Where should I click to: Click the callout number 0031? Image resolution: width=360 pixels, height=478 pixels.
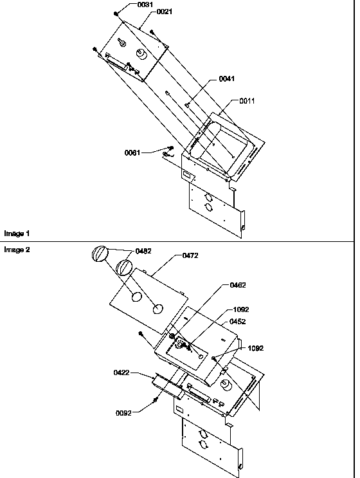(x=146, y=5)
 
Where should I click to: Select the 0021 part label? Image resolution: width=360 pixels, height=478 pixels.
(x=165, y=12)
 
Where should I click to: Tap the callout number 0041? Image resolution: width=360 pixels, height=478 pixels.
(x=226, y=78)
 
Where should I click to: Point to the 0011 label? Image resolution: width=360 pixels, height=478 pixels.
(x=248, y=101)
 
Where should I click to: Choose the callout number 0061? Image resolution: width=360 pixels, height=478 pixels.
(x=134, y=152)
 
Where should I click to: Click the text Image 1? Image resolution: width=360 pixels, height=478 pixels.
(x=17, y=233)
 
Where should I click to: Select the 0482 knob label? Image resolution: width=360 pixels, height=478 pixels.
(x=143, y=251)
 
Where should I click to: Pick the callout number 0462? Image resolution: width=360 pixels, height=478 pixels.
(x=237, y=284)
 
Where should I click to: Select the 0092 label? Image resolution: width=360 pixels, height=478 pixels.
(x=123, y=413)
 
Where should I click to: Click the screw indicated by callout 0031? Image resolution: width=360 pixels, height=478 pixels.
(x=116, y=14)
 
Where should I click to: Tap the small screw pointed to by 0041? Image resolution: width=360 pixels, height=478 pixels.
(x=186, y=104)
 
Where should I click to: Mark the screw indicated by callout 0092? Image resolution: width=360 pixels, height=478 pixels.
(x=156, y=402)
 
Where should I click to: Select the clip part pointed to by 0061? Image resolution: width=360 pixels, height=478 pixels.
(x=169, y=152)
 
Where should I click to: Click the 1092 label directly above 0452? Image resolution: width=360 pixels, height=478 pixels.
(x=240, y=309)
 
